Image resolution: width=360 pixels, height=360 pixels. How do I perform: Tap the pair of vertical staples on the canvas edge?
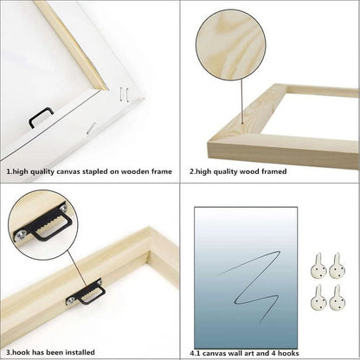point(124,94)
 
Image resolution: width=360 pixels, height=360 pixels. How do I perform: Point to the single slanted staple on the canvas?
point(91,128)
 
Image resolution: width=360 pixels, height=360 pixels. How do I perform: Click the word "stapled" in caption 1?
point(106,171)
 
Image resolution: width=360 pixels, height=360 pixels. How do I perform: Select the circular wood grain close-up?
point(230,45)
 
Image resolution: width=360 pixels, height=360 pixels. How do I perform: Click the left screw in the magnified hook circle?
point(19,235)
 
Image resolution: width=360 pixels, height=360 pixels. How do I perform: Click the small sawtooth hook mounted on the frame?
point(86,292)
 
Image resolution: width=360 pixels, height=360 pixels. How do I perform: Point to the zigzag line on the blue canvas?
point(248,286)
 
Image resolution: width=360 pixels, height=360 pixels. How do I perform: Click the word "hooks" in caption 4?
point(288,353)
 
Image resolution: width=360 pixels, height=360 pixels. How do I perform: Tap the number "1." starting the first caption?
point(10,171)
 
